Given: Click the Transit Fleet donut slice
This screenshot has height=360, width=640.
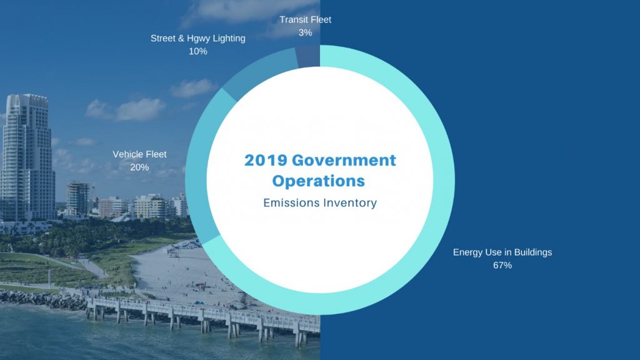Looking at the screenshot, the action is pos(308,57).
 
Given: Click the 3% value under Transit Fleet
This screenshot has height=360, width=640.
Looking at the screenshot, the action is pos(305,32).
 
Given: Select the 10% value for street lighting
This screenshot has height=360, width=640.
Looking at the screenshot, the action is pos(198,51).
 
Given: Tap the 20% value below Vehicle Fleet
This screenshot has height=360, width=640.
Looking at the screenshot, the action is pos(139,167).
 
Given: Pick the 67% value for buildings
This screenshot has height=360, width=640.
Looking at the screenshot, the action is pos(502,265).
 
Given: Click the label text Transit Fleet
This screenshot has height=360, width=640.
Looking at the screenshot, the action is pos(305,19).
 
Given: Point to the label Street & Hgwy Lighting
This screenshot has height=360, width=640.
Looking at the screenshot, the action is pos(198,38).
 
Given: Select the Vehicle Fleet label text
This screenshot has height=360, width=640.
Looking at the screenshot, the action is pos(139,154).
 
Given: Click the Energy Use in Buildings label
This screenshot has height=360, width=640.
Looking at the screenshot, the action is pos(502,252).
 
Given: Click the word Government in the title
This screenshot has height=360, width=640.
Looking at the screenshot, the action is pos(344,160).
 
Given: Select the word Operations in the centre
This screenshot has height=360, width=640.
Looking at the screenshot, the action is pos(318,181).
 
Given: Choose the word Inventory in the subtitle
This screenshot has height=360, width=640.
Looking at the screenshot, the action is pos(350,203).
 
